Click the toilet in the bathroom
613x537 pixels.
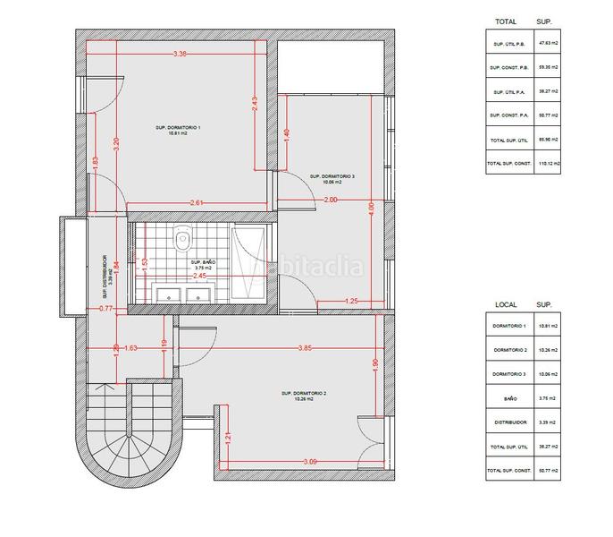[183, 238]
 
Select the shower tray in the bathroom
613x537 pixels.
[247, 265]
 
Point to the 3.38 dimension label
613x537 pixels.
[180, 54]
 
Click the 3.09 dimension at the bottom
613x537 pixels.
[310, 462]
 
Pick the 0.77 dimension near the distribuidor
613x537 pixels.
[106, 309]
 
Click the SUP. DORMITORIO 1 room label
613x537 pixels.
[179, 131]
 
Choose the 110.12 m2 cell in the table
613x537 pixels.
[547, 164]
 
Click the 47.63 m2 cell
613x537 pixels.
[547, 42]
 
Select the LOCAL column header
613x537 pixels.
[506, 304]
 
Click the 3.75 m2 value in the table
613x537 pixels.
[547, 397]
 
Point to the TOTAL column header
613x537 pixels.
[506, 20]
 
